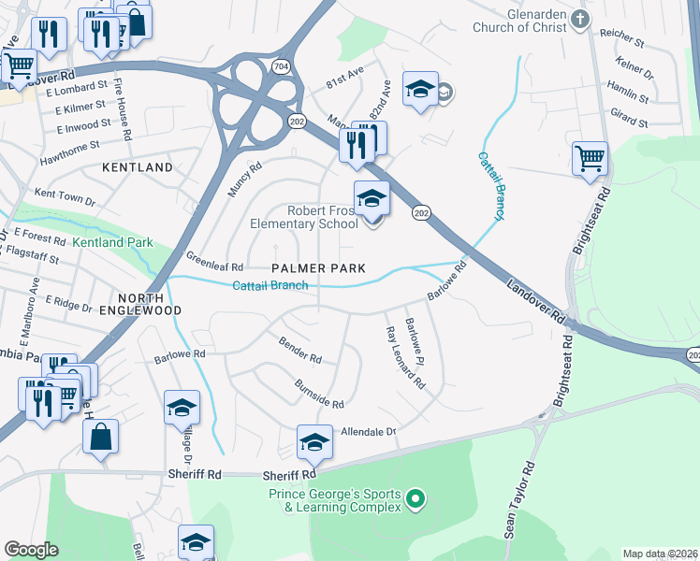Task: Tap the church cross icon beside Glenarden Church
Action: (581, 19)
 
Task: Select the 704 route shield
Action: (281, 65)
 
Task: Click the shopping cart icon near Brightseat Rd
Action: (590, 158)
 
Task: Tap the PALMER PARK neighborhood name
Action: (318, 268)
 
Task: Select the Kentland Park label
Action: (112, 243)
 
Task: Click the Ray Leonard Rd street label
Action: (405, 357)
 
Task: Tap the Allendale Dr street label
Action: (369, 432)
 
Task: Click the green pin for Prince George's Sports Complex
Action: (418, 500)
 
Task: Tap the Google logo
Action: (31, 550)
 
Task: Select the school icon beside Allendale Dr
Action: (315, 441)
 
